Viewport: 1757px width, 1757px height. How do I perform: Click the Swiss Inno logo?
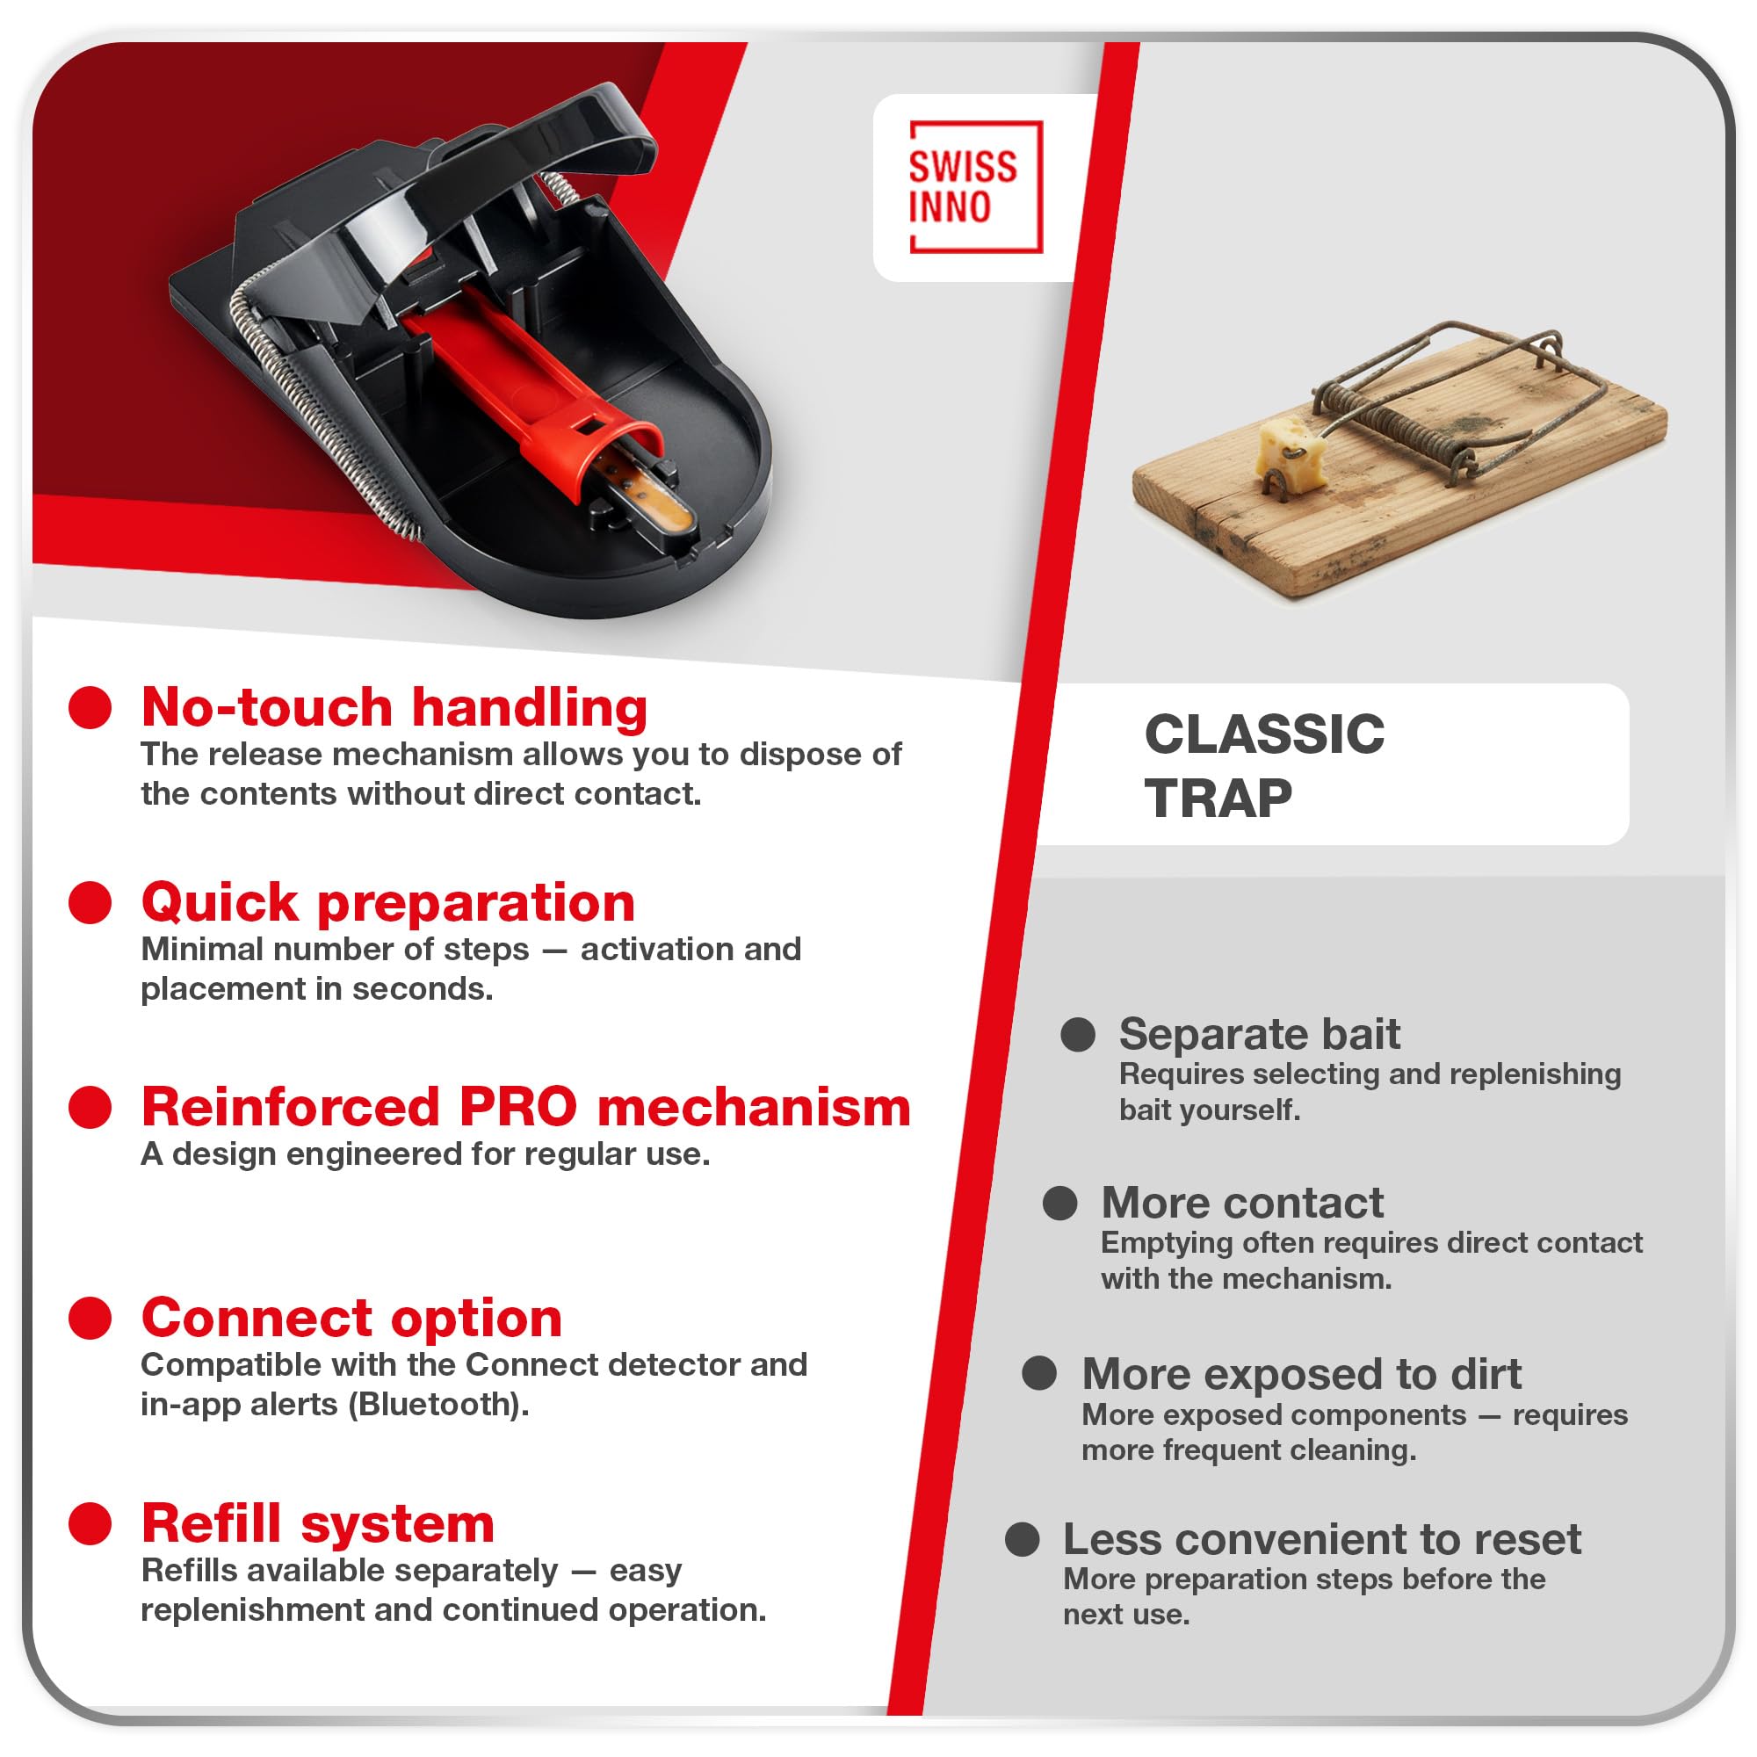click(975, 186)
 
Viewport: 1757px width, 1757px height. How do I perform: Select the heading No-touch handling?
click(394, 707)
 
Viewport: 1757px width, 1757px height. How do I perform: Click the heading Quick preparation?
click(387, 902)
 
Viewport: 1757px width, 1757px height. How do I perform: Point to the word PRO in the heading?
click(517, 1107)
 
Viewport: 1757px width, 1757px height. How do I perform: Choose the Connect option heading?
click(352, 1318)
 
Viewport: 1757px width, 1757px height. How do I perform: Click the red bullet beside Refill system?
click(90, 1523)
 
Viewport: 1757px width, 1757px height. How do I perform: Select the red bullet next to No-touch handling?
click(90, 707)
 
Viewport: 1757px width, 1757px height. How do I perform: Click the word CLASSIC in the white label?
click(1264, 734)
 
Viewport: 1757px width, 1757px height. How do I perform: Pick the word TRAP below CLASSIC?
click(1218, 799)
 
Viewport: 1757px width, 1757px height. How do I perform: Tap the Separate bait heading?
click(1259, 1034)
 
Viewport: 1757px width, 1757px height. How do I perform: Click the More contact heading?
click(1242, 1204)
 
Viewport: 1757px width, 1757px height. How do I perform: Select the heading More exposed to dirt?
click(1301, 1374)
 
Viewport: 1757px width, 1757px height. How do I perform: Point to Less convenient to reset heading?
click(1322, 1540)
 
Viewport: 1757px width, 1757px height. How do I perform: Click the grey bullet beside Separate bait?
click(1078, 1035)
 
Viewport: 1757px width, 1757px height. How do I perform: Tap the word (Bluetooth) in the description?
click(438, 1405)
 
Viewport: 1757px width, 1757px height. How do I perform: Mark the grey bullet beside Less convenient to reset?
click(1023, 1540)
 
